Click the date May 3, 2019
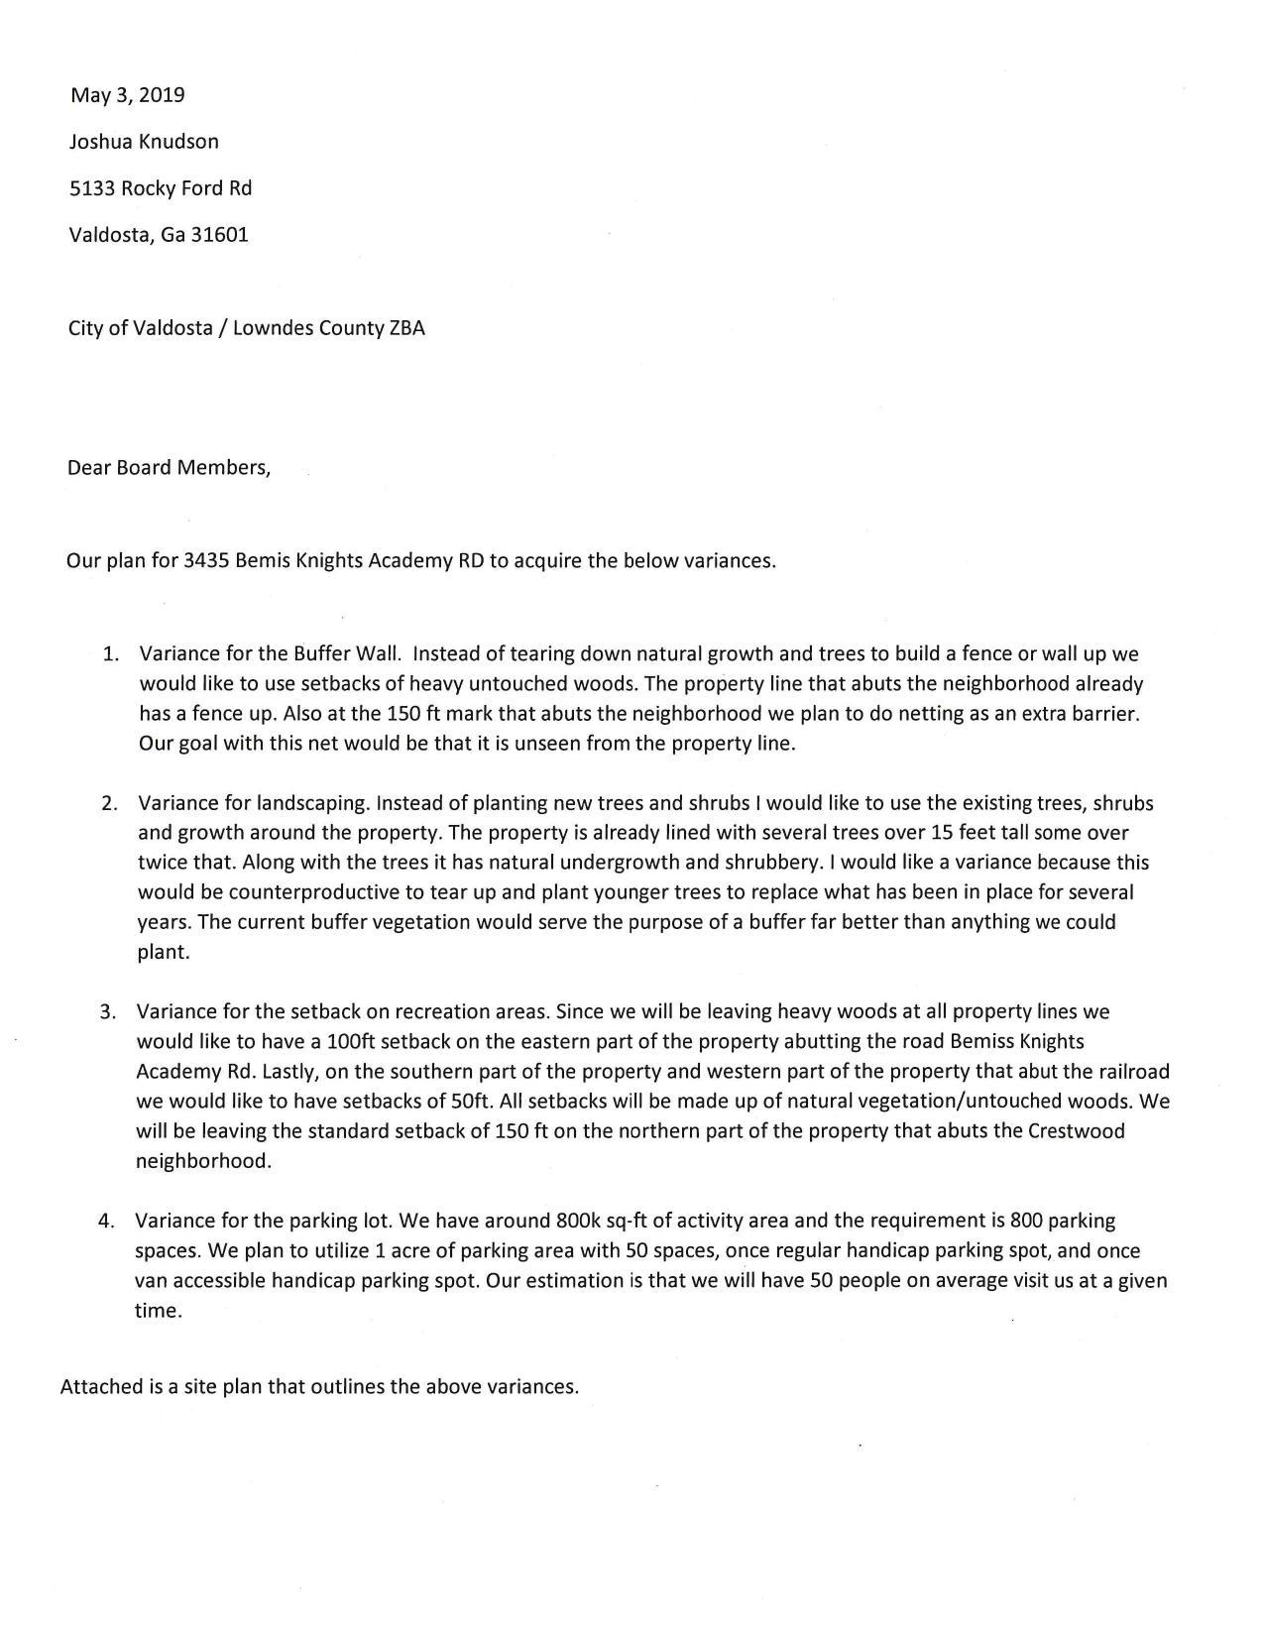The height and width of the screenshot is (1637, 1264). click(x=127, y=95)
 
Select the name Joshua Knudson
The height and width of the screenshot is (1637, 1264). click(x=144, y=142)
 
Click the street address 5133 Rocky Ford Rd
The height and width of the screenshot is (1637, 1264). click(x=160, y=188)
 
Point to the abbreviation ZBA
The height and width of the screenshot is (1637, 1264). click(x=406, y=328)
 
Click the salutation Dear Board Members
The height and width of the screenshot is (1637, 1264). click(x=169, y=467)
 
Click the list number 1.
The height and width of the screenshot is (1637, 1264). click(x=110, y=654)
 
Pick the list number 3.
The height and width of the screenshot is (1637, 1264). click(x=108, y=1012)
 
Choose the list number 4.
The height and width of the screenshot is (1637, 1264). click(x=106, y=1221)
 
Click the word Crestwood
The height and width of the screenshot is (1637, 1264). click(x=1077, y=1130)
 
